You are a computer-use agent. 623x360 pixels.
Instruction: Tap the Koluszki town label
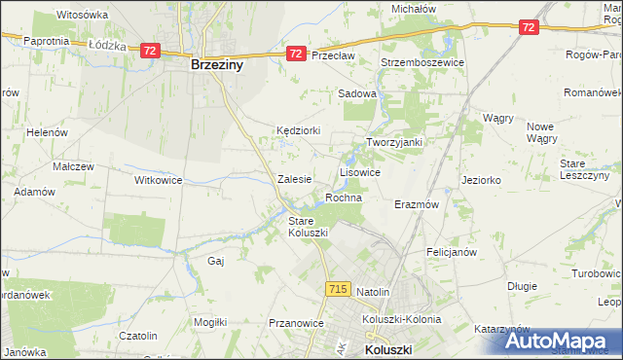point(388,349)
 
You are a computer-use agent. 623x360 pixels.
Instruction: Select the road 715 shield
point(338,289)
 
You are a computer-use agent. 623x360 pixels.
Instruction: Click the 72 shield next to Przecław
point(297,54)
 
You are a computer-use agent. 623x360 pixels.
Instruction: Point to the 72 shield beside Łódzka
point(149,50)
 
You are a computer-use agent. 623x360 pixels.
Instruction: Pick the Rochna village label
point(344,198)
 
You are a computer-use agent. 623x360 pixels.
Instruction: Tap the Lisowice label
point(359,171)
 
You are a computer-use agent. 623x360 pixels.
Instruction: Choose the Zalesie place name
point(294,179)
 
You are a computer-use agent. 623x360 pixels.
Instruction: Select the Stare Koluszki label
point(308,227)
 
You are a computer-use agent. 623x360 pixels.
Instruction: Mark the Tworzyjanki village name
point(393,142)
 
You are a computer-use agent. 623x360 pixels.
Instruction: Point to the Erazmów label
point(417,205)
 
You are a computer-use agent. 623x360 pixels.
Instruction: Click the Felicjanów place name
point(451,251)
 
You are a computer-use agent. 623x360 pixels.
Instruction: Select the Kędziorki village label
point(297,129)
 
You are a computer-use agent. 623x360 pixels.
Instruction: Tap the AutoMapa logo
point(562,341)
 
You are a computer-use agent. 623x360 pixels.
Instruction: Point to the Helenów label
point(45,132)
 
